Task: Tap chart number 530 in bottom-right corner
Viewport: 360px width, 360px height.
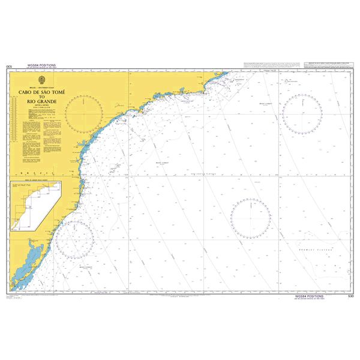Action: (350, 296)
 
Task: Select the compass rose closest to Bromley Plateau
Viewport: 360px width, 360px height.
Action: (250, 218)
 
